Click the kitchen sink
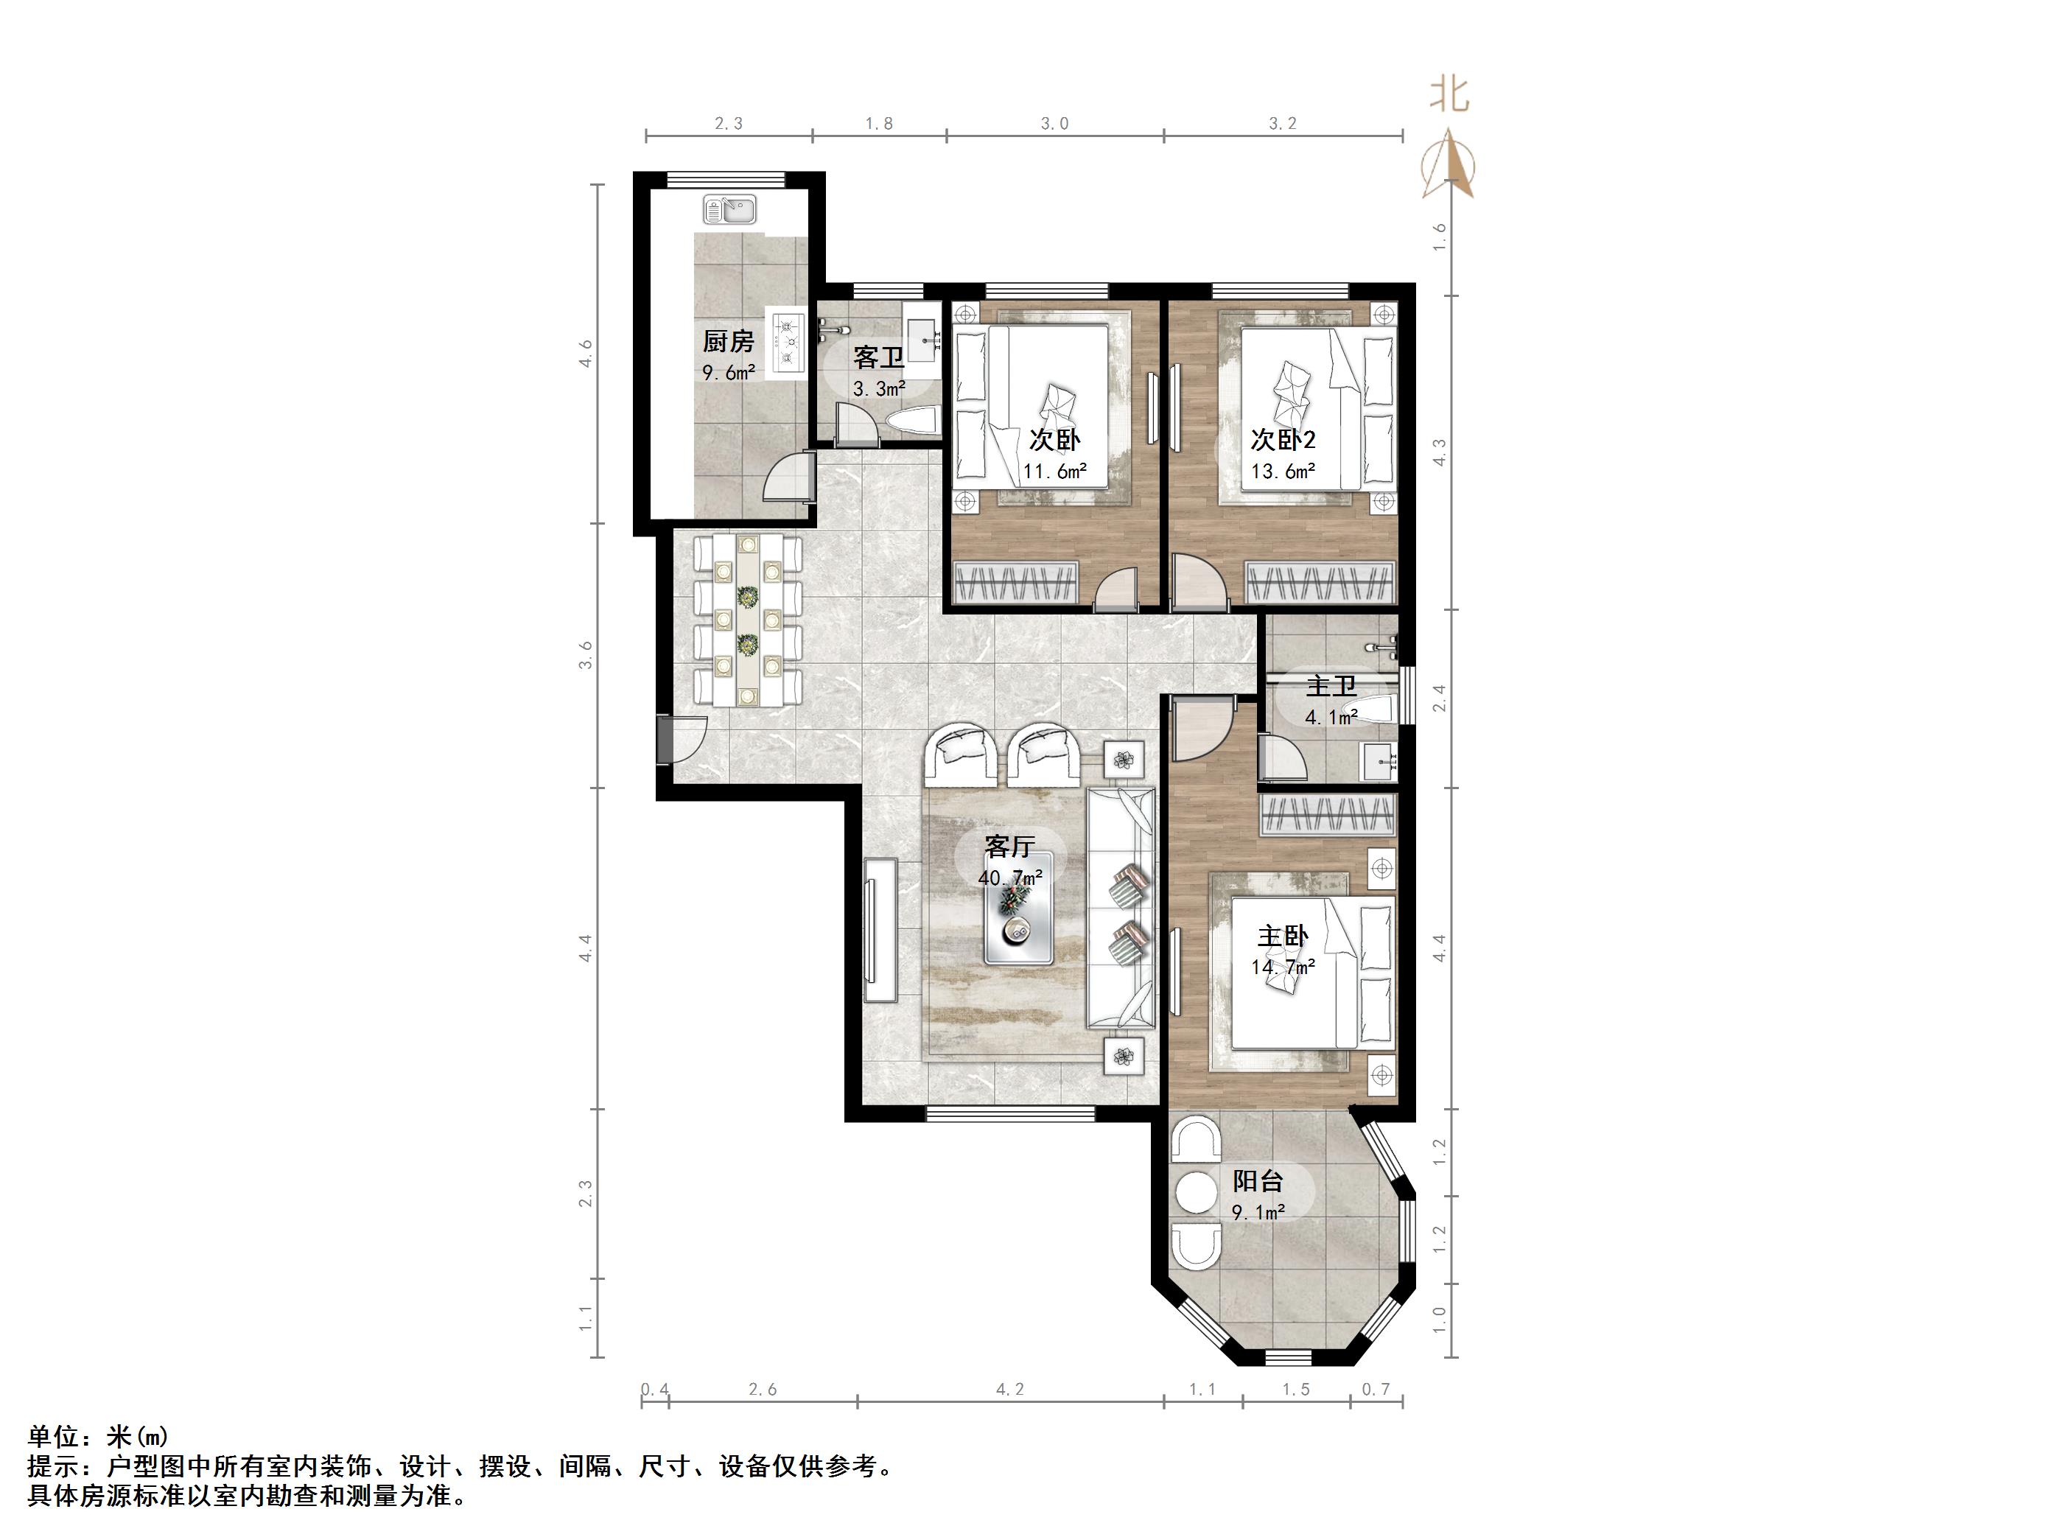[730, 209]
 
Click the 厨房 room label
[728, 342]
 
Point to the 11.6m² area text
[1054, 472]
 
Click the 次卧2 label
[1283, 439]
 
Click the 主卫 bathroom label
[1331, 687]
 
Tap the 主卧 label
[1283, 936]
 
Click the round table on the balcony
[1197, 1194]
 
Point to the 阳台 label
[1257, 1181]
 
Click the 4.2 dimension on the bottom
[1009, 1390]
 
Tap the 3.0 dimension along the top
[1054, 123]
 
